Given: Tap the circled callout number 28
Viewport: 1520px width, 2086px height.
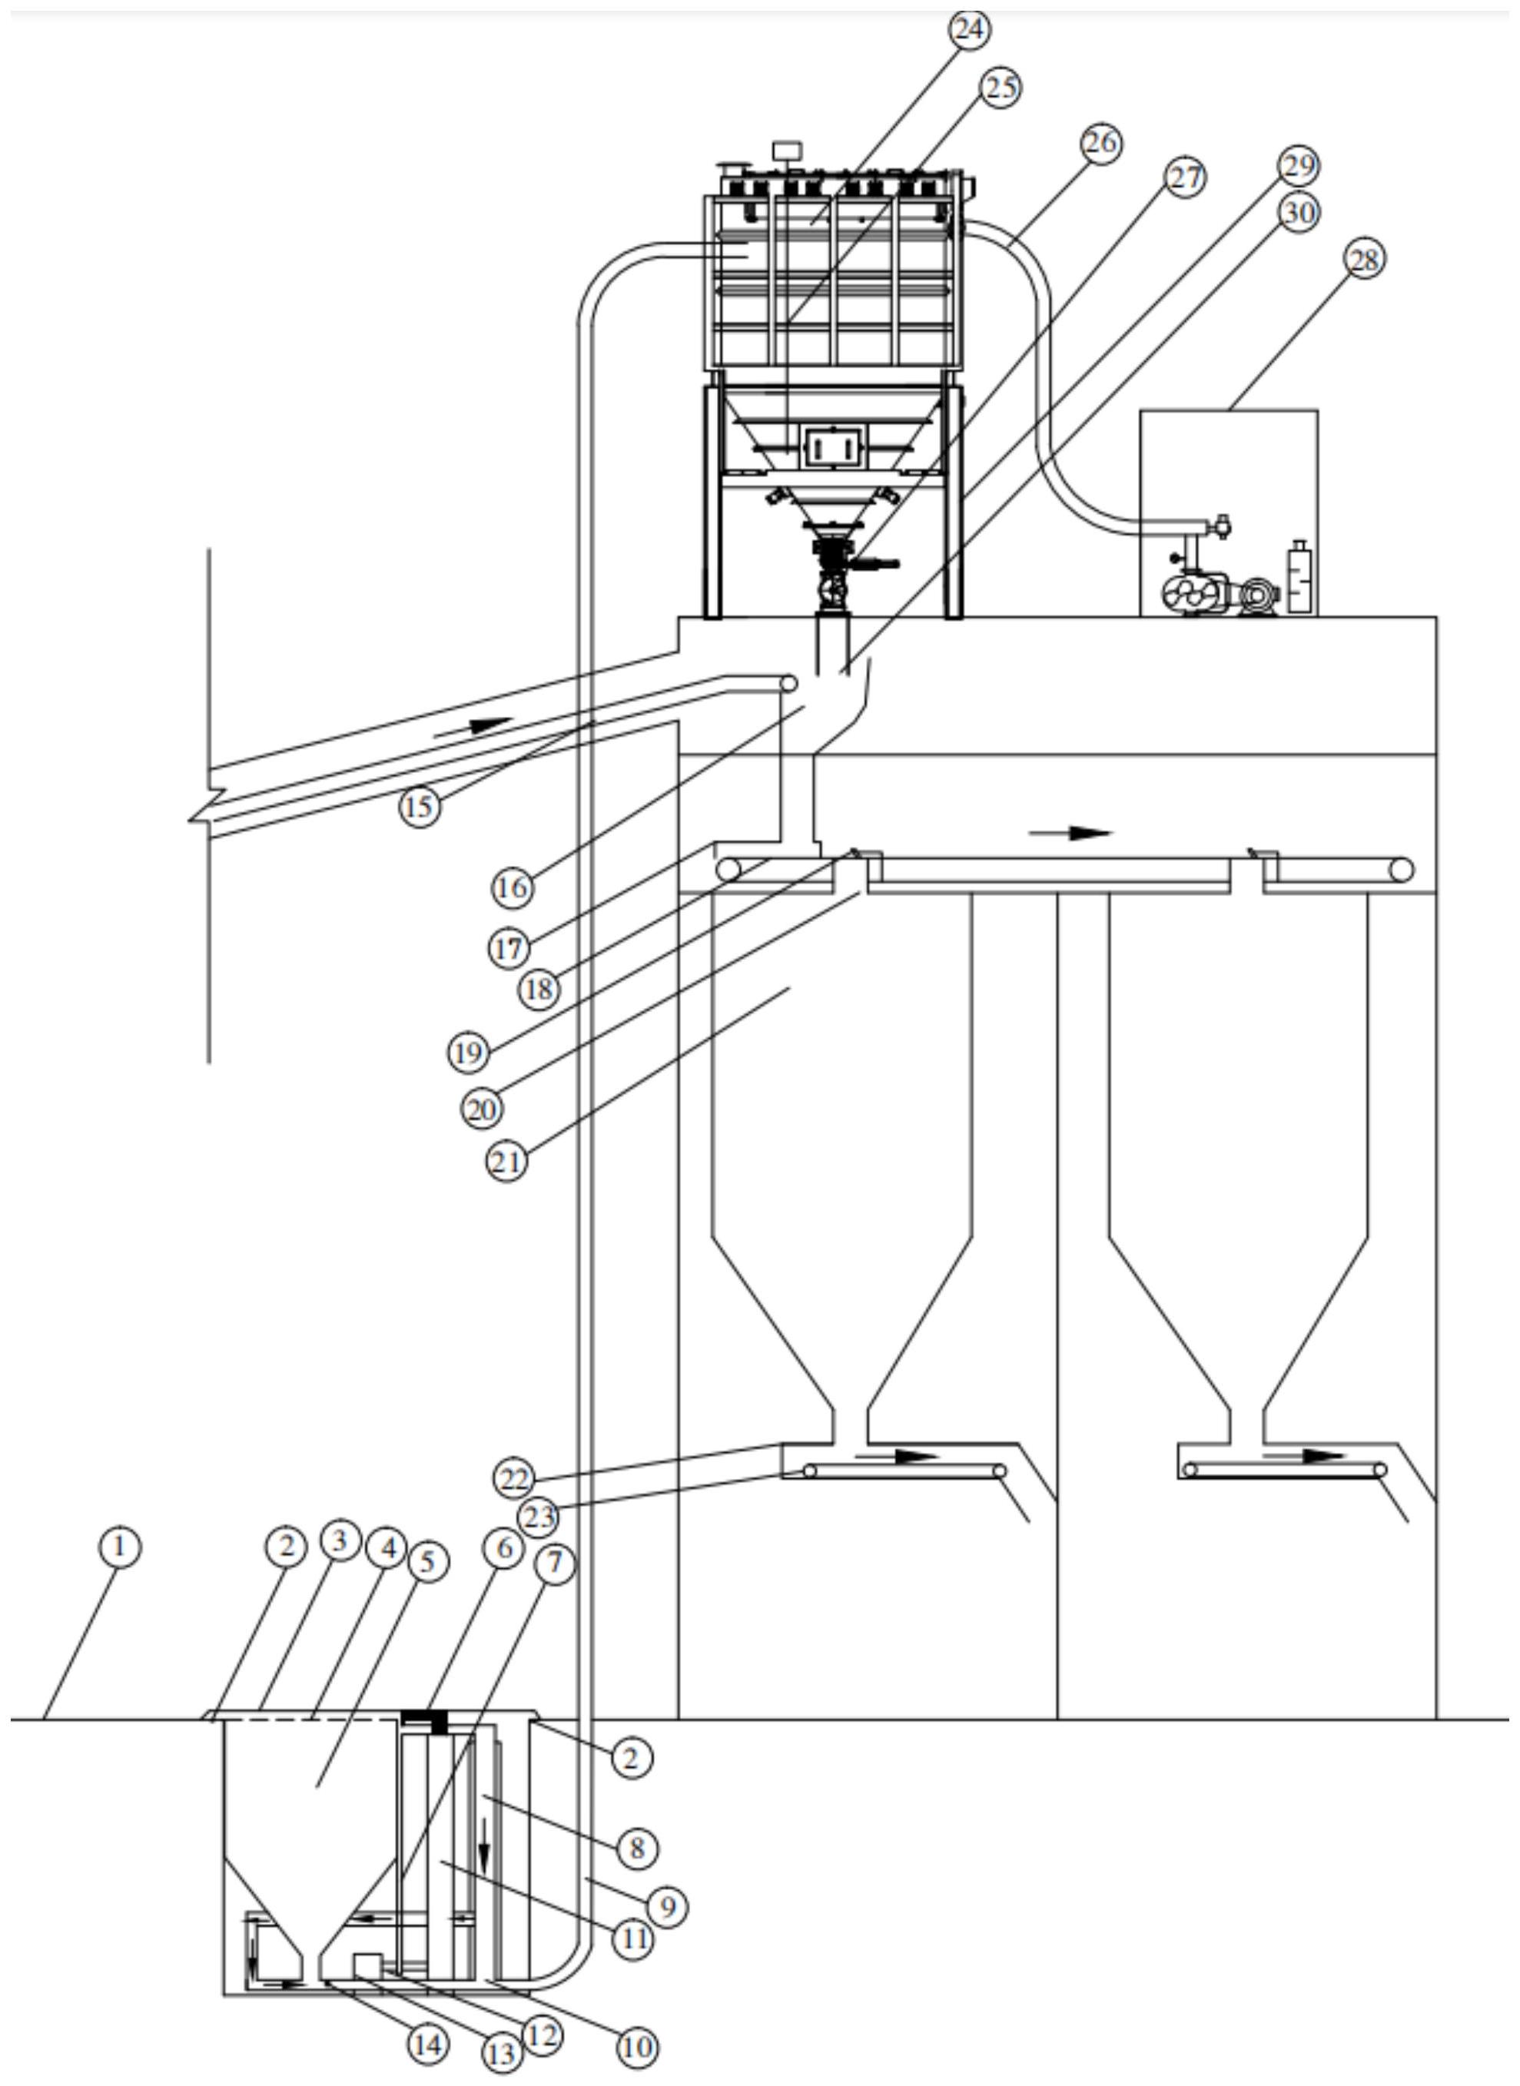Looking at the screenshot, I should tap(1365, 260).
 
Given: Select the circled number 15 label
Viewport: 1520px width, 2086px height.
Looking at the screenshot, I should tap(420, 807).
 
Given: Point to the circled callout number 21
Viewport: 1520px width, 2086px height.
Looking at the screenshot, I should tap(507, 1162).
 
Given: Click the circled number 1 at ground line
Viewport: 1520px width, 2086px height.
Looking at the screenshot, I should tap(120, 1547).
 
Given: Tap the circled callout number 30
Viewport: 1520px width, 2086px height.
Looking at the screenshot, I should tap(1299, 213).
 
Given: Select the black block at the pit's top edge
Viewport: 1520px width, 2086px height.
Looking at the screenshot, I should tap(425, 1718).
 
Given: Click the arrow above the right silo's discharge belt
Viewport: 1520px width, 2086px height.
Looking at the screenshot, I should tap(1303, 1456).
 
